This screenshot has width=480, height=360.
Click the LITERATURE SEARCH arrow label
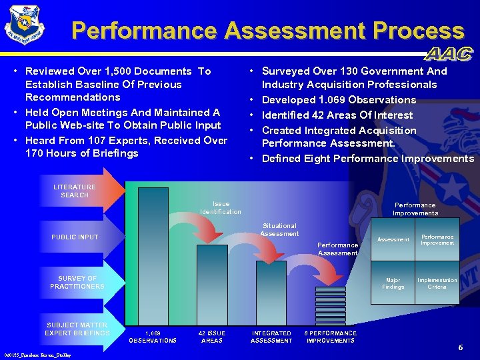75,191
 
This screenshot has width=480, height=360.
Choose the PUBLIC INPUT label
75,237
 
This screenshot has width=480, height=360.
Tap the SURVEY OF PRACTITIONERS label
77,283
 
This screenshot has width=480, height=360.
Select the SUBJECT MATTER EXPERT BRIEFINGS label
77,329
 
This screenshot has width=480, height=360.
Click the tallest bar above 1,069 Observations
153,256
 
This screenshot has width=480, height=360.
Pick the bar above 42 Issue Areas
212,285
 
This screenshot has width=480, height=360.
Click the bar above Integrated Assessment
271,293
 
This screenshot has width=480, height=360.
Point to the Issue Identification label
221,208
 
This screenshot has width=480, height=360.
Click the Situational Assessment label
279,229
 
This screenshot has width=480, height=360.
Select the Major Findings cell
393,283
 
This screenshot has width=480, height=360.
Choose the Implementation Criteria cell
437,283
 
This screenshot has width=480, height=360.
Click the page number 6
460,347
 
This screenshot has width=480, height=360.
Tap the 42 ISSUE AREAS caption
212,337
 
